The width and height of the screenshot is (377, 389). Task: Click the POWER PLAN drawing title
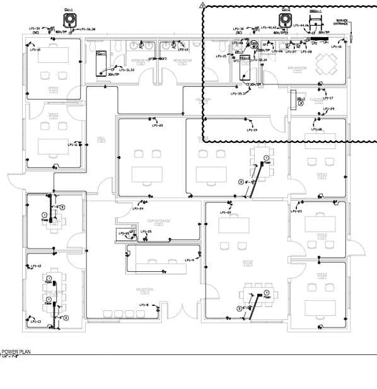(x=17, y=352)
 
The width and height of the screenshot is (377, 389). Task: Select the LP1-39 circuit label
(x=35, y=29)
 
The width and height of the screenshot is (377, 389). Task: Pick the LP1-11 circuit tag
(x=72, y=144)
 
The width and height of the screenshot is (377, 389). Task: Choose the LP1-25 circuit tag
(x=146, y=232)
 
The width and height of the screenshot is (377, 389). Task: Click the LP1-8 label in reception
(x=143, y=305)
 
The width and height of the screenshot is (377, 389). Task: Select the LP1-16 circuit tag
(x=336, y=47)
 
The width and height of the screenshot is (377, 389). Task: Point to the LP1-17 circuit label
(x=328, y=98)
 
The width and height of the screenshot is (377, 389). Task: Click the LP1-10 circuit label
(x=35, y=50)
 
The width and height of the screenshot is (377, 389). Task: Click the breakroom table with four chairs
(x=328, y=63)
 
